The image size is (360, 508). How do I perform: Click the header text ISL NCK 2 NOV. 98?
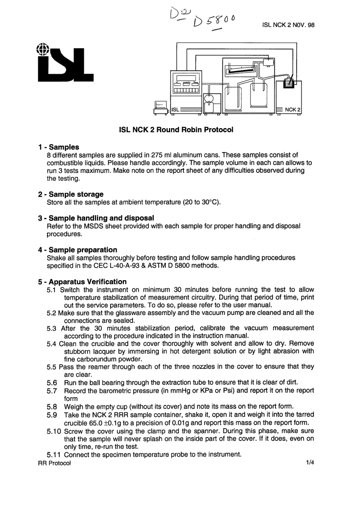(x=288, y=25)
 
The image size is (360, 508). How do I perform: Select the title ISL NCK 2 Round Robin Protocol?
(x=176, y=130)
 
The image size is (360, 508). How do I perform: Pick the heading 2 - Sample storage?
(x=71, y=194)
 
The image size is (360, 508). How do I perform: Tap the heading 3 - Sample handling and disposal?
(x=96, y=218)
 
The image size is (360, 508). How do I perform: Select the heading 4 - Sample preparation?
(x=78, y=250)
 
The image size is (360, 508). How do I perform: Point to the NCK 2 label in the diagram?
(x=293, y=110)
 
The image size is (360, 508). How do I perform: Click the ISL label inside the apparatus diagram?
(x=175, y=110)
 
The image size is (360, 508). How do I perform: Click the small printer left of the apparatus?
(x=160, y=107)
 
